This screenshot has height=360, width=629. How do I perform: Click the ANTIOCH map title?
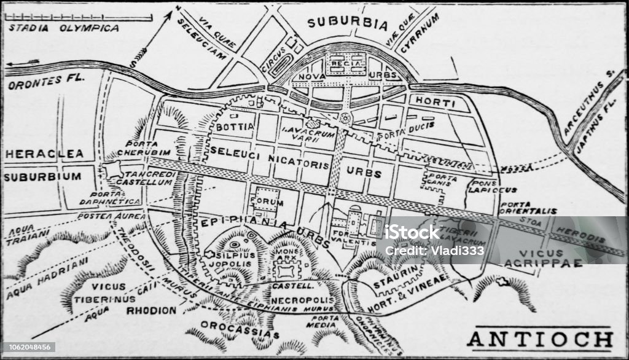pyautogui.click(x=540, y=340)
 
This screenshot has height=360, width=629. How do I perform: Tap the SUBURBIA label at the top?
pyautogui.click(x=348, y=24)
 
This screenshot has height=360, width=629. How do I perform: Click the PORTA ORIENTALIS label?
pyautogui.click(x=528, y=208)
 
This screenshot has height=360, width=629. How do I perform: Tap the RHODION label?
pyautogui.click(x=151, y=310)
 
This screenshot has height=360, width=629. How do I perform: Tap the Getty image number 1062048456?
pyautogui.click(x=28, y=347)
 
